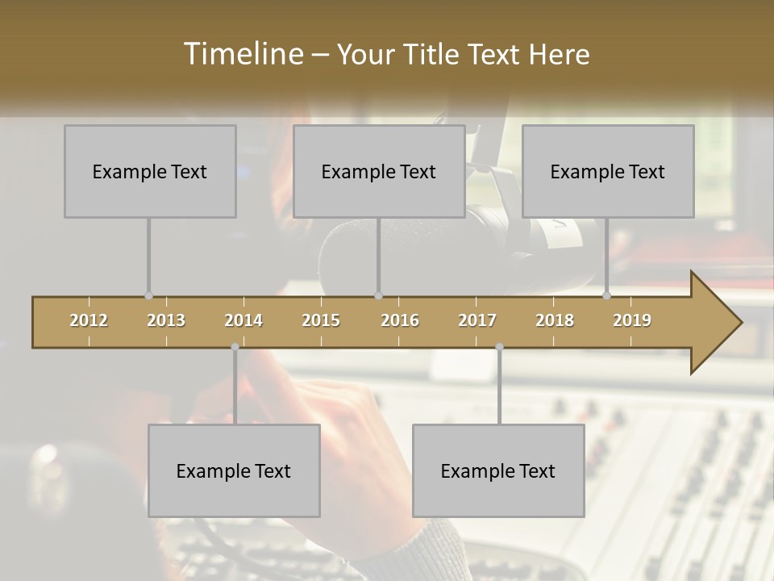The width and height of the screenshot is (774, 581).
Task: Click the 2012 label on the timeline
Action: pos(89,320)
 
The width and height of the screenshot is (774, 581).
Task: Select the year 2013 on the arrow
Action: pos(166,320)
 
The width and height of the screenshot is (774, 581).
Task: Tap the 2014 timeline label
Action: pos(243,320)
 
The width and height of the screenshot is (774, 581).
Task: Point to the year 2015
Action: pos(321,320)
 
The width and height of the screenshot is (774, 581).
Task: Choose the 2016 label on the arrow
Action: pos(400,320)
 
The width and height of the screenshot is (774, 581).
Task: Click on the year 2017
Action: pos(477,320)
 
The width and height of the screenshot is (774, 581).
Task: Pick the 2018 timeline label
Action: pos(555,320)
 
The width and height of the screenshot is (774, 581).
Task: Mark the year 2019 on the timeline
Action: pos(632,320)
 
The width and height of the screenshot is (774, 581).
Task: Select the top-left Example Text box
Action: pos(150,172)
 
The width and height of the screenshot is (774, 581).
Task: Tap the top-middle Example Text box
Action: pos(379,172)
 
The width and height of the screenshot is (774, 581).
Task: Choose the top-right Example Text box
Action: pos(608,172)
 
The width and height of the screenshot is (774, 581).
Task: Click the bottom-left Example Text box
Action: pos(234,471)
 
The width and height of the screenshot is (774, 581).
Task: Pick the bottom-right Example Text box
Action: pos(498,471)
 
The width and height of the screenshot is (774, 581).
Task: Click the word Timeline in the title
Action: pos(241,54)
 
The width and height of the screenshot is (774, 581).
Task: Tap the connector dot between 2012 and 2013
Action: pos(148,296)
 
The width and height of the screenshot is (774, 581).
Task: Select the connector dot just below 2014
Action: pos(235,347)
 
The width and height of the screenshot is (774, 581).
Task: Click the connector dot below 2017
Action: pos(499,347)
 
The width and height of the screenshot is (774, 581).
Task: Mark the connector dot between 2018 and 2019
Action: pos(606,296)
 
